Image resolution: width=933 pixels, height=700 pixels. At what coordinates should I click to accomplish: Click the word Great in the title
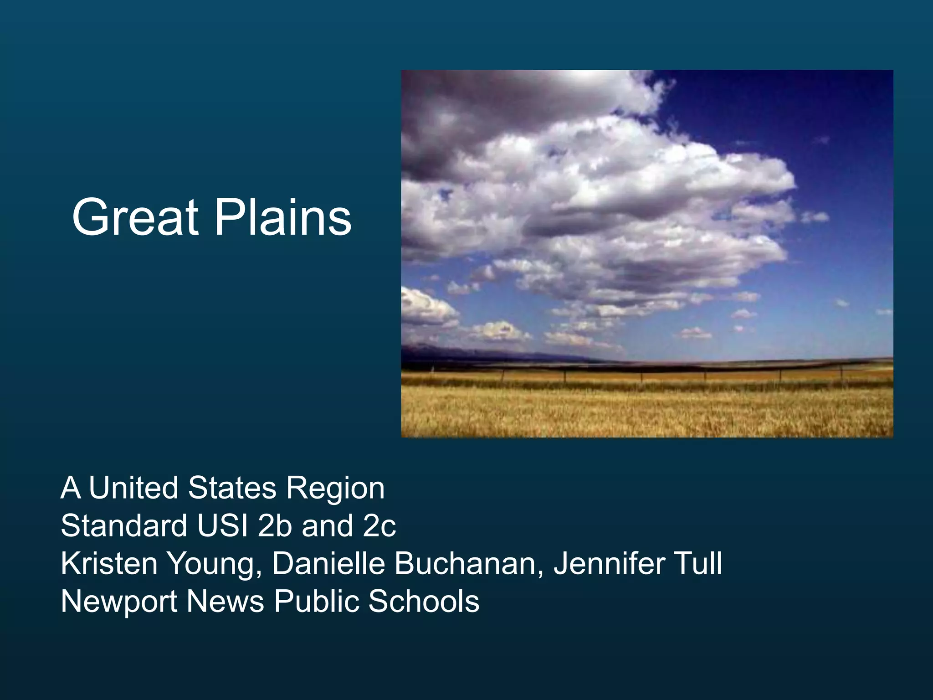point(135,217)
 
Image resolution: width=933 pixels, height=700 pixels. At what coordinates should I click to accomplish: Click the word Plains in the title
point(282,217)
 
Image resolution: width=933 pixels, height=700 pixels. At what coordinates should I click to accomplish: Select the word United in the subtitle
point(133,488)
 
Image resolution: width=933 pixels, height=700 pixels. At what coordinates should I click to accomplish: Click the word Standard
point(123,526)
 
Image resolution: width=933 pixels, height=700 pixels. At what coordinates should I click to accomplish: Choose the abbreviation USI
point(223,526)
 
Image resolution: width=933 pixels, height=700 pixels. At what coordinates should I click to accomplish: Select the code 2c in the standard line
point(379,526)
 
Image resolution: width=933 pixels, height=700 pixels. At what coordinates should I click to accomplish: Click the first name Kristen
point(109,564)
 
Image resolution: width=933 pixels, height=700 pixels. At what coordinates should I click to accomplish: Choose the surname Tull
point(700,564)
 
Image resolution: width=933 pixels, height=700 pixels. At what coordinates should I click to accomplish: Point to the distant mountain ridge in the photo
point(456,351)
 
